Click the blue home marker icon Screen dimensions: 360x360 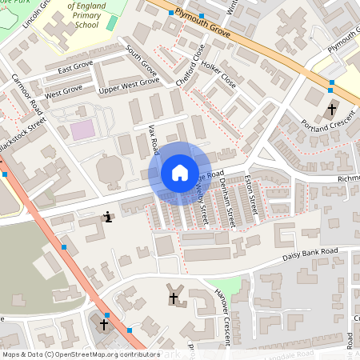pos(179,173)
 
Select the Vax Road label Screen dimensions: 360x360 pos(154,139)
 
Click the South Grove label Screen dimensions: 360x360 pos(142,66)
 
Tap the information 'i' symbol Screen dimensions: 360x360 pos(107,217)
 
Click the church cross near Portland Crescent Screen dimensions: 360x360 pos(332,108)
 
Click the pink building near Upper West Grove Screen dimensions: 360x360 pos(82,130)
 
